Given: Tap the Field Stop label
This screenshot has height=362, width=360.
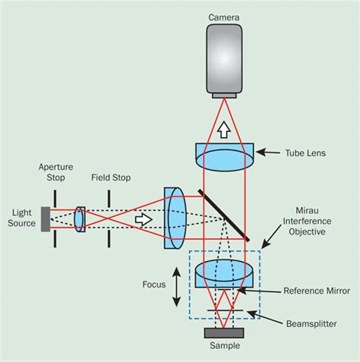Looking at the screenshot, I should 111,178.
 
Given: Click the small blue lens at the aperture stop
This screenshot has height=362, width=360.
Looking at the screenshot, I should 80,218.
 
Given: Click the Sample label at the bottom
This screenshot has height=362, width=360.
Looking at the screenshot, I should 223,346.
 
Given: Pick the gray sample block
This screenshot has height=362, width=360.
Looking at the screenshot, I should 223,332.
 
